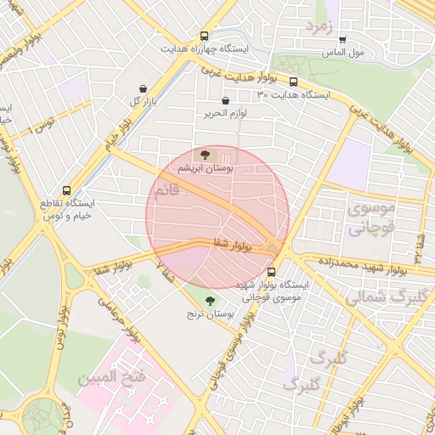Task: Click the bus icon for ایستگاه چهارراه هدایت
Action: (x=204, y=36)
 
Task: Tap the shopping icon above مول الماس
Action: (x=342, y=39)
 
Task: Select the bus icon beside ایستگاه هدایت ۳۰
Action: (x=293, y=82)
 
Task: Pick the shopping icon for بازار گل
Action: (x=142, y=88)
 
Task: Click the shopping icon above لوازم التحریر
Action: (x=225, y=101)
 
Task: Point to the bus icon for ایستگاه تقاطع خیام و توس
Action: (x=67, y=191)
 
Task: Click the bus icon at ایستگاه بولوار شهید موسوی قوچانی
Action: (x=271, y=273)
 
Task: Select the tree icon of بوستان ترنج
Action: (x=211, y=300)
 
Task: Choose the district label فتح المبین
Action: (x=112, y=376)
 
